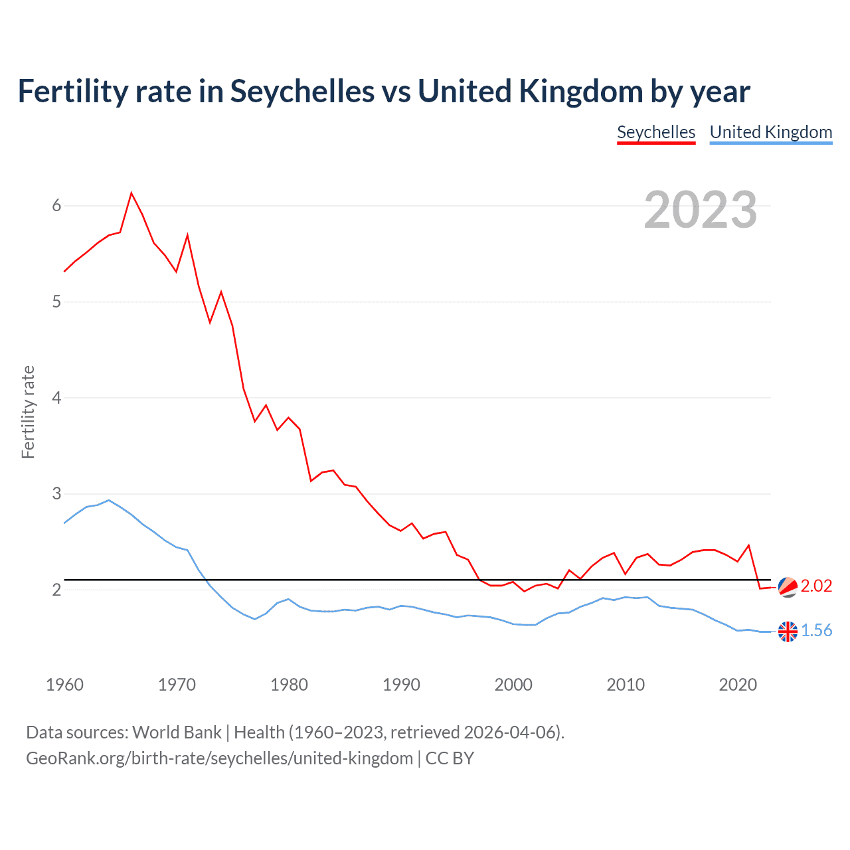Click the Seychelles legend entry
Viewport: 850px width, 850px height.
[x=656, y=132]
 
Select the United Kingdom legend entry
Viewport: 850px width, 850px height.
[x=770, y=132]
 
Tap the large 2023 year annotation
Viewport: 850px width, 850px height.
[x=700, y=210]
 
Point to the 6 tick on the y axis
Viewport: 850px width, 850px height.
[x=56, y=206]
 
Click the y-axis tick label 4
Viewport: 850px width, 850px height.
[x=56, y=398]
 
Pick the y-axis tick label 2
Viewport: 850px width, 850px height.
[x=56, y=590]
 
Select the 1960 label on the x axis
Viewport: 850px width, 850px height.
[x=64, y=685]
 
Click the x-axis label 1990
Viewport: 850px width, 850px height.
[x=401, y=685]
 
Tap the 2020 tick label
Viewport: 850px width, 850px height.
[x=738, y=685]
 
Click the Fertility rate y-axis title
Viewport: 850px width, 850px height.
[x=28, y=412]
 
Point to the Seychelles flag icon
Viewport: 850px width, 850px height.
[x=788, y=587]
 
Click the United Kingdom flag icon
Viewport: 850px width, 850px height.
[x=788, y=632]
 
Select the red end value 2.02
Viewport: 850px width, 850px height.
[x=816, y=586]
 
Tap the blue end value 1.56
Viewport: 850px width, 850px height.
[x=816, y=630]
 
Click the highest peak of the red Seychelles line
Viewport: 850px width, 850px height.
[x=131, y=193]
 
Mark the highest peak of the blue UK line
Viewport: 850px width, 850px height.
[x=109, y=500]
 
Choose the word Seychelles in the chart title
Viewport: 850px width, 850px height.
[x=302, y=92]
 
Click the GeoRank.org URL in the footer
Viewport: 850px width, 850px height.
[x=219, y=758]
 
